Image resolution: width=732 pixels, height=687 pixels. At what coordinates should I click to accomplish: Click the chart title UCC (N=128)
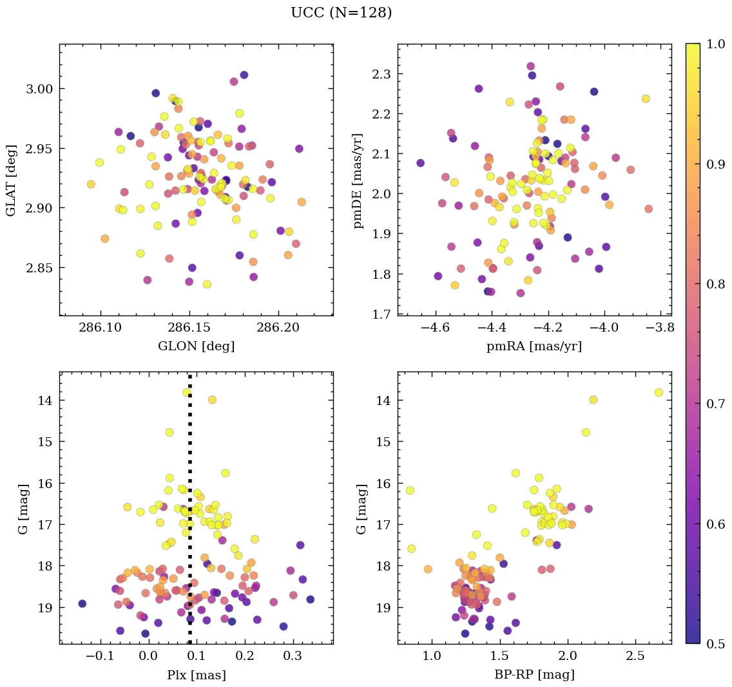click(341, 13)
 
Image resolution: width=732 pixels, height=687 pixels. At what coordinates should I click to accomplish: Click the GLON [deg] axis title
click(196, 346)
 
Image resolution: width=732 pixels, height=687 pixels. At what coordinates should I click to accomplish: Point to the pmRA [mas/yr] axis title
click(534, 346)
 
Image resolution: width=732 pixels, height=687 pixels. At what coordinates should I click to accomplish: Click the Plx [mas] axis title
click(196, 675)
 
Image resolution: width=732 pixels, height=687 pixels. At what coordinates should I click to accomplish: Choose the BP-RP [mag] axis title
click(534, 675)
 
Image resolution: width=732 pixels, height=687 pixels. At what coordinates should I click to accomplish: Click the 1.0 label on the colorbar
click(715, 44)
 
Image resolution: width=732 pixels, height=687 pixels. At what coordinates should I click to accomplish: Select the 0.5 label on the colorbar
click(715, 644)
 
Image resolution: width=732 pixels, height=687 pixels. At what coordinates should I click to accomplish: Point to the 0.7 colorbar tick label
click(715, 404)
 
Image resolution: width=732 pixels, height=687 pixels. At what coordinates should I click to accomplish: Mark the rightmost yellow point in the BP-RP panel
click(659, 392)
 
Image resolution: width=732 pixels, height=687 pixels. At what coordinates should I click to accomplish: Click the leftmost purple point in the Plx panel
click(82, 603)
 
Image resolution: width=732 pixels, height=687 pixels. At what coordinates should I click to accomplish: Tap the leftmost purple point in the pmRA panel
click(420, 163)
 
